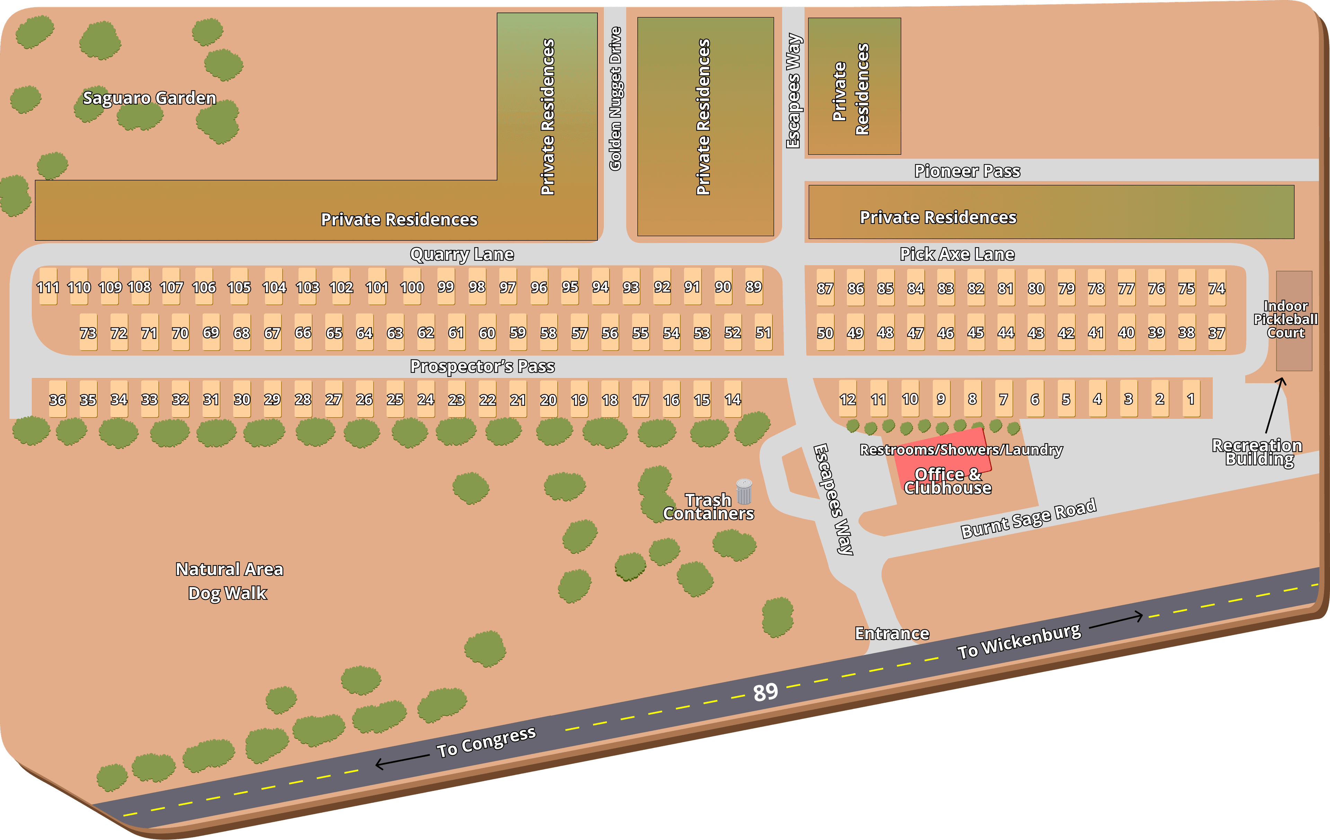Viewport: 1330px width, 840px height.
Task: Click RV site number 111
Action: (x=48, y=287)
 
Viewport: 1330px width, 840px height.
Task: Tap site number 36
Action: (x=57, y=399)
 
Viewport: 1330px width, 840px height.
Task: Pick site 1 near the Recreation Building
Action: (x=1191, y=399)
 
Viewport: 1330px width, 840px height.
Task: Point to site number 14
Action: (x=733, y=399)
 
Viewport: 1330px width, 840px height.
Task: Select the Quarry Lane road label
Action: (x=462, y=254)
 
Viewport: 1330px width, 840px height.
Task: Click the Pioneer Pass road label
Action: (x=967, y=171)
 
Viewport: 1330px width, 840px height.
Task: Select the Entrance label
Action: (x=892, y=633)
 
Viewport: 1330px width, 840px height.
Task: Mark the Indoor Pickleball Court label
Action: (x=1286, y=319)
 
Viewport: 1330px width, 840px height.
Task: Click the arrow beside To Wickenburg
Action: (x=1116, y=620)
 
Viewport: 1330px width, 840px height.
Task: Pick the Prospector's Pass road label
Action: (x=482, y=366)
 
